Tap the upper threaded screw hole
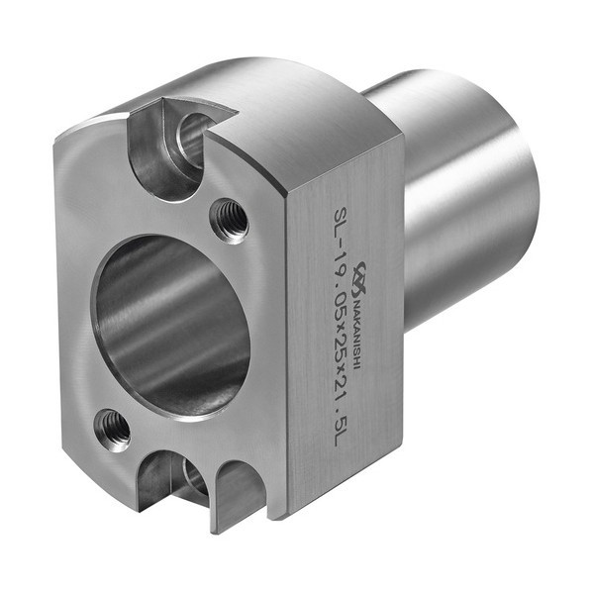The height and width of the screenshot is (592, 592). coord(230,221)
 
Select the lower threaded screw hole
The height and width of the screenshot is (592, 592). coord(112,430)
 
